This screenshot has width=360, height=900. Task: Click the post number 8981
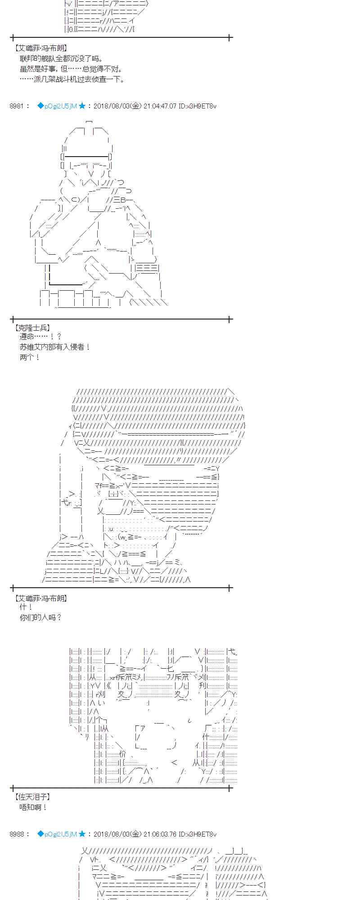[x=17, y=106]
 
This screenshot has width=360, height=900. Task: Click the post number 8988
[x=17, y=834]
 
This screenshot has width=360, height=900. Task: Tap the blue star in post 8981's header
[x=82, y=106]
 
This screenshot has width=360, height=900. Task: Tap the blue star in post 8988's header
[x=82, y=834]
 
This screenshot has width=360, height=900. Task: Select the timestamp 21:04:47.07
[x=160, y=106]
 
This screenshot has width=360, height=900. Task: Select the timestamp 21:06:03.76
[x=160, y=834]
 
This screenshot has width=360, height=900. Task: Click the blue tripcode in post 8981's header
[x=57, y=106]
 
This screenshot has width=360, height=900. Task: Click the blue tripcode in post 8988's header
[x=57, y=834]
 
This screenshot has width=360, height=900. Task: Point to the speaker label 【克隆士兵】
[x=32, y=328]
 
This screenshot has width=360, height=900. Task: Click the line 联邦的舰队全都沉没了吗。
[x=61, y=58]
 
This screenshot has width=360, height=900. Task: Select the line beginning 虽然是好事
[x=71, y=69]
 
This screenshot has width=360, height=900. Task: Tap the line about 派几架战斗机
[x=72, y=79]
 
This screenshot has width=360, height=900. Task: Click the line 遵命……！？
[x=40, y=337]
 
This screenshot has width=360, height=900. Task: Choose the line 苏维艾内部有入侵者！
[x=55, y=347]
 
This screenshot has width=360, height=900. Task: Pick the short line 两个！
[x=30, y=357]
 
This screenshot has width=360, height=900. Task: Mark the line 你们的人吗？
[x=40, y=617]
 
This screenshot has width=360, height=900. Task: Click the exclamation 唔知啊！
[x=33, y=807]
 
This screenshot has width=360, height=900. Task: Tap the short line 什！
[x=27, y=607]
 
